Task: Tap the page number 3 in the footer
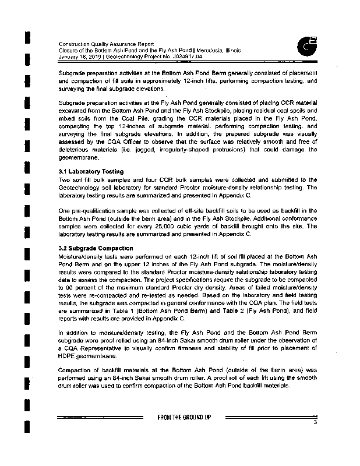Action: click(314, 422)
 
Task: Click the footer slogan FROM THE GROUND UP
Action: click(184, 417)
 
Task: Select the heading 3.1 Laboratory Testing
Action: click(91, 171)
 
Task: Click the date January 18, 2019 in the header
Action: click(82, 57)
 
